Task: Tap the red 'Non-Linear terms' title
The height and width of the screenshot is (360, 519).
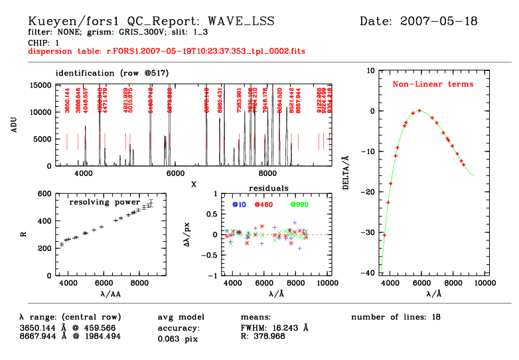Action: click(x=433, y=84)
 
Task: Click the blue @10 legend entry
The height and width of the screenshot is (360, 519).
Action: click(x=239, y=204)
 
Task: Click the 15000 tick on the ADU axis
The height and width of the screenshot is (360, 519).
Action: click(x=43, y=85)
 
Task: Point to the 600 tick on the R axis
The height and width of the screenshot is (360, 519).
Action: click(x=45, y=194)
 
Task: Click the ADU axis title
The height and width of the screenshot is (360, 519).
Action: click(x=14, y=125)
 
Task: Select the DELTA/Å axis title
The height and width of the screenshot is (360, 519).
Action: click(x=346, y=174)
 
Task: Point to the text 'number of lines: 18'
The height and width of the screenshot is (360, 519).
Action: click(x=396, y=317)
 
